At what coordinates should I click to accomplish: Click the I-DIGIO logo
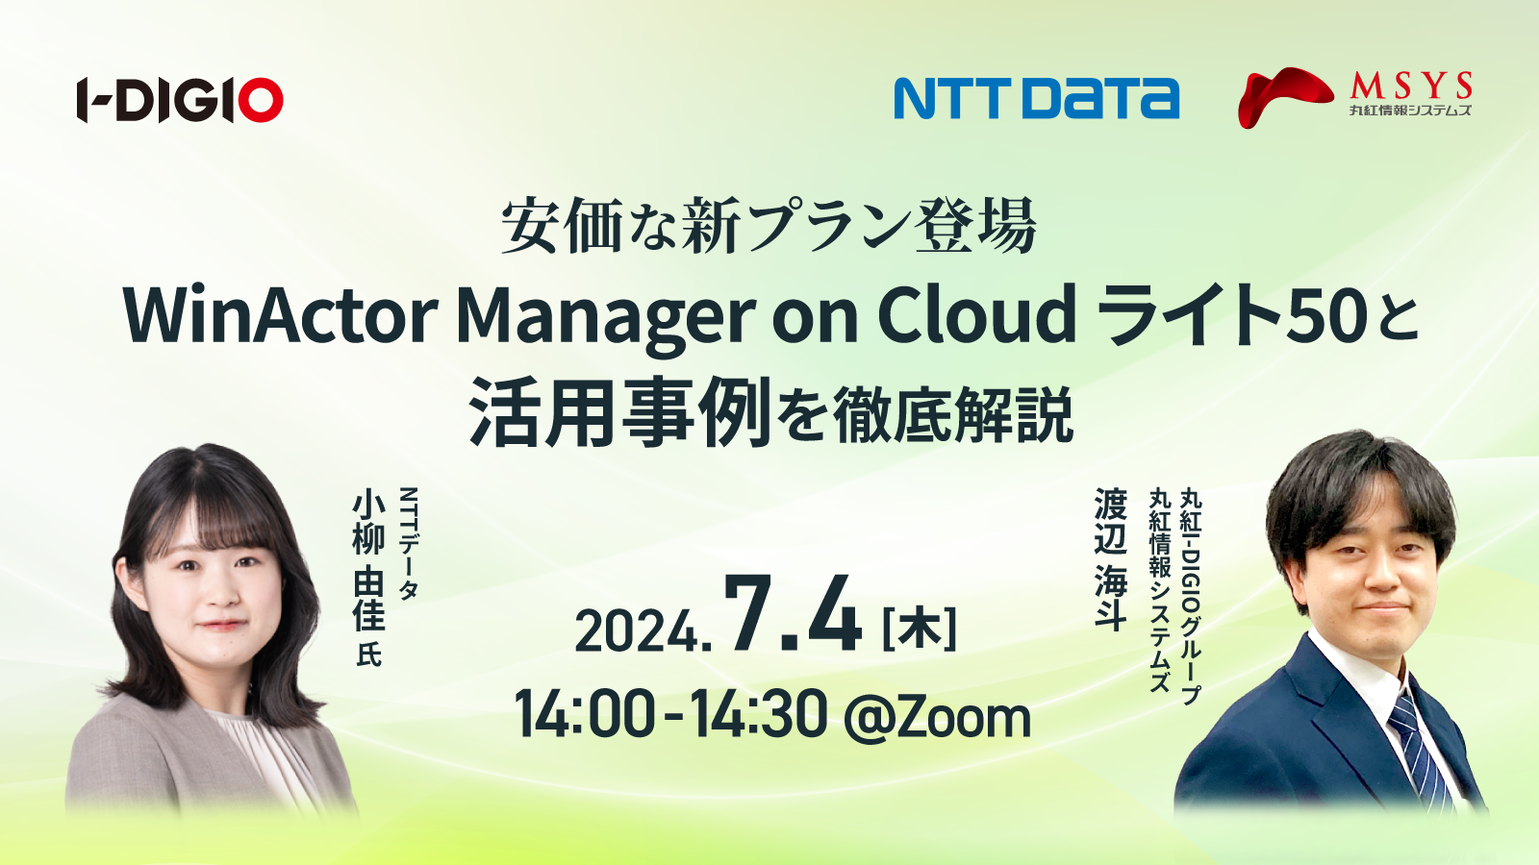(x=180, y=100)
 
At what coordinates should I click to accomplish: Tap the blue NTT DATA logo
(x=1036, y=98)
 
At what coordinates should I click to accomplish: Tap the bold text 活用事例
(x=619, y=412)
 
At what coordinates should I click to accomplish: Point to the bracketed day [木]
(x=919, y=629)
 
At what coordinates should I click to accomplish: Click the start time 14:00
(x=583, y=715)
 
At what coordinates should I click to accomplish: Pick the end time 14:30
(x=759, y=715)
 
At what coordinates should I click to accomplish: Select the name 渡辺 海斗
(x=1111, y=558)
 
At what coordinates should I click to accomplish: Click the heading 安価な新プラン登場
(x=769, y=226)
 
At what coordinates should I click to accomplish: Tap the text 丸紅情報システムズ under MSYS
(x=1410, y=110)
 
